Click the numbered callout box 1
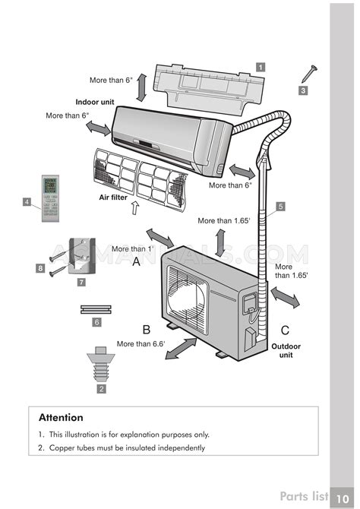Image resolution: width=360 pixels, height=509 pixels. pyautogui.click(x=261, y=67)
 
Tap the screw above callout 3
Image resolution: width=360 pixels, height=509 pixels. pyautogui.click(x=309, y=74)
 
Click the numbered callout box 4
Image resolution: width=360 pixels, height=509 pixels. pyautogui.click(x=27, y=202)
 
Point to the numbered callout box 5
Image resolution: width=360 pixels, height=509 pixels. pyautogui.click(x=280, y=206)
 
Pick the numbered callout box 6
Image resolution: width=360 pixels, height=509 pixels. pyautogui.click(x=96, y=322)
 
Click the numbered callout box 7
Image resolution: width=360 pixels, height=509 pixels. pyautogui.click(x=81, y=282)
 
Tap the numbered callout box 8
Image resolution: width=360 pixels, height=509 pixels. pyautogui.click(x=40, y=268)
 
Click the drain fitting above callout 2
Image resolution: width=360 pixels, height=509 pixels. pyautogui.click(x=101, y=364)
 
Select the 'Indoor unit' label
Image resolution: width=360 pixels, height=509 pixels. pyautogui.click(x=95, y=102)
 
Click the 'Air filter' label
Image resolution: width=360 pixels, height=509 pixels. pyautogui.click(x=113, y=197)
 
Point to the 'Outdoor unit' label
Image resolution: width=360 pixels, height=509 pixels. pyautogui.click(x=286, y=350)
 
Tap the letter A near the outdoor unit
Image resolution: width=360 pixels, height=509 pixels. pyautogui.click(x=137, y=261)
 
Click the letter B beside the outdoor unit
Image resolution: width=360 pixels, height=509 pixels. pyautogui.click(x=147, y=330)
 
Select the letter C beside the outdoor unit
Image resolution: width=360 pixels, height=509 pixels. pyautogui.click(x=285, y=330)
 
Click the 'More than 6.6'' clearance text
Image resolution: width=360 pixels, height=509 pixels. pyautogui.click(x=141, y=344)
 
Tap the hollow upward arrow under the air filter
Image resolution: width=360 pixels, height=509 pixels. pyautogui.click(x=134, y=207)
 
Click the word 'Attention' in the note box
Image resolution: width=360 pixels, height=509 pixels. pyautogui.click(x=61, y=418)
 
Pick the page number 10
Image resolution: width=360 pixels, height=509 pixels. pyautogui.click(x=342, y=498)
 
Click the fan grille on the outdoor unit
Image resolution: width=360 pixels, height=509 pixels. pyautogui.click(x=187, y=300)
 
